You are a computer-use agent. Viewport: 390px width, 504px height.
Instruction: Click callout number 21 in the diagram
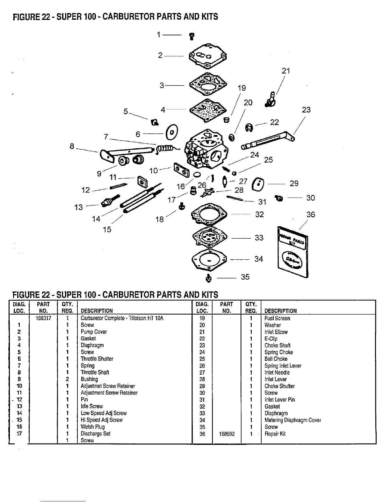pyautogui.click(x=286, y=71)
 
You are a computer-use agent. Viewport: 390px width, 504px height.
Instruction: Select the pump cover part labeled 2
pyautogui.click(x=208, y=57)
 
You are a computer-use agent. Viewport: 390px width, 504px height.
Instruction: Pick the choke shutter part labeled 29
pyautogui.click(x=258, y=184)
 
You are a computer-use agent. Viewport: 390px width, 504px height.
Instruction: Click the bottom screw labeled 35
pyautogui.click(x=209, y=278)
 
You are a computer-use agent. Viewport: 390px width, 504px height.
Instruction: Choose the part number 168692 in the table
pyautogui.click(x=227, y=434)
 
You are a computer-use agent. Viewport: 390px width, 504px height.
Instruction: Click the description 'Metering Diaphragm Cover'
pyautogui.click(x=292, y=420)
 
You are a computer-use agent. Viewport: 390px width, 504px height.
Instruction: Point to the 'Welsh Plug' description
pyautogui.click(x=92, y=427)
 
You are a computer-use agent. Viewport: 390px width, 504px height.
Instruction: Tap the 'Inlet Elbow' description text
pyautogui.click(x=276, y=332)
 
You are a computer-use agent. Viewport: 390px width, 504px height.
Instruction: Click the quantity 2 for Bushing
pyautogui.click(x=67, y=379)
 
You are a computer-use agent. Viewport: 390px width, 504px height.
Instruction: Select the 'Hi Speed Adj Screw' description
pyautogui.click(x=101, y=420)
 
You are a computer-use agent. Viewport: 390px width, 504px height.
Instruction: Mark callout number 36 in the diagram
pyautogui.click(x=310, y=214)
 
